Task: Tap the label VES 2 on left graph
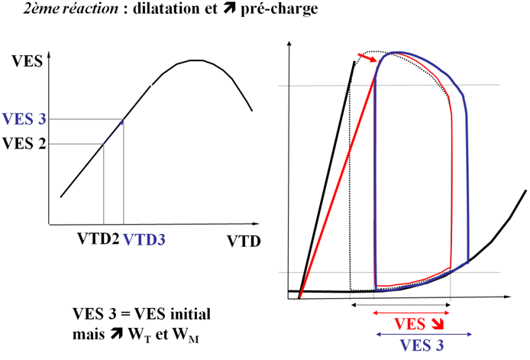(24, 141)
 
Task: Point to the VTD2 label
(97, 238)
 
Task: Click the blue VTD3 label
(144, 238)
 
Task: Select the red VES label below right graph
(413, 323)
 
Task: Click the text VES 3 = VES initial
(141, 314)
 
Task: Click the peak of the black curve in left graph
(197, 60)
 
